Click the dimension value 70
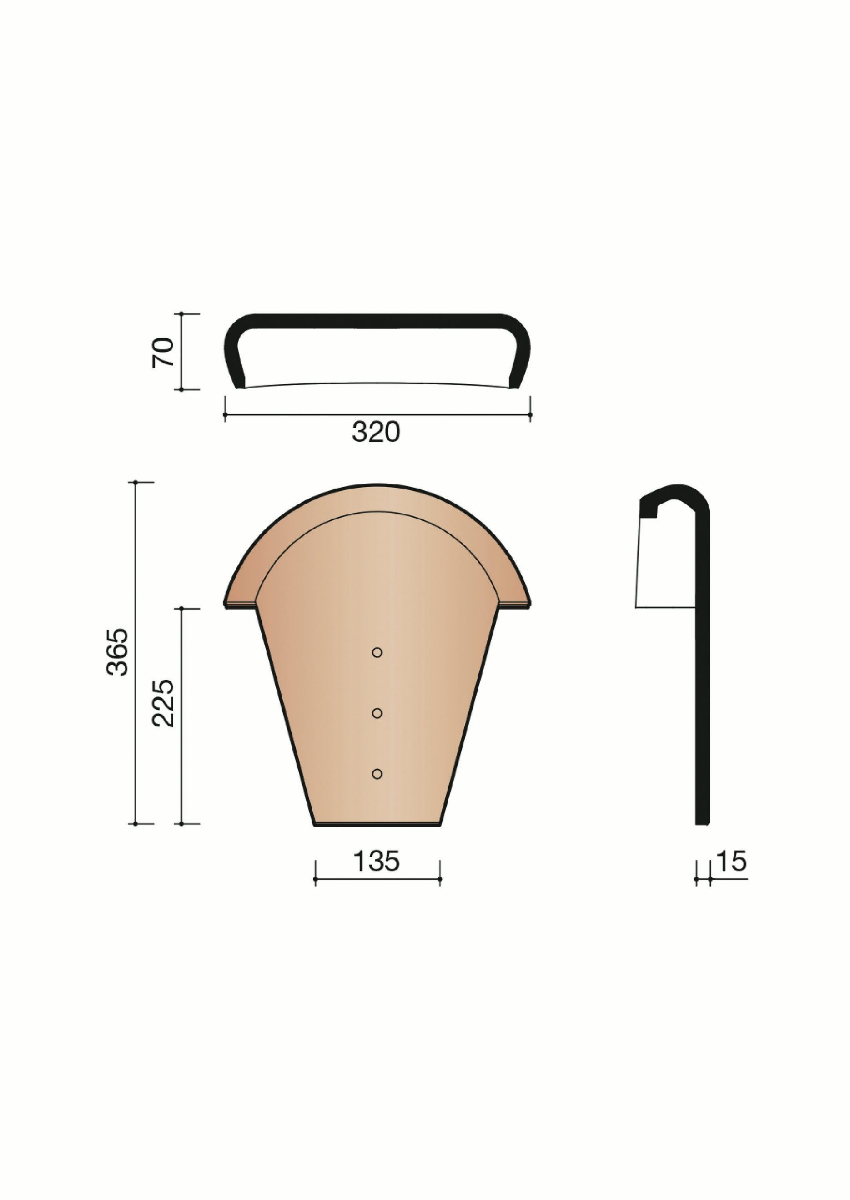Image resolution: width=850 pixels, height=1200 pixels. pyautogui.click(x=163, y=353)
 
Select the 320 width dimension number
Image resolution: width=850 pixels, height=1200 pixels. pyautogui.click(x=376, y=432)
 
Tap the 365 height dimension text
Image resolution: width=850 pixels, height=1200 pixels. pyautogui.click(x=117, y=652)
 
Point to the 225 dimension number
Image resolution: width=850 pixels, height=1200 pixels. pyautogui.click(x=163, y=703)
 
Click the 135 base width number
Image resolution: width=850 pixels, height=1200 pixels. pyautogui.click(x=376, y=861)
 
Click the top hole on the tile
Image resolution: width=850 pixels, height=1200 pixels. pyautogui.click(x=377, y=652)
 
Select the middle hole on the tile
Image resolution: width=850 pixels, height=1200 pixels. pyautogui.click(x=377, y=713)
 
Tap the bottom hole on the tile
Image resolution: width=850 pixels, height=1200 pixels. pyautogui.click(x=377, y=774)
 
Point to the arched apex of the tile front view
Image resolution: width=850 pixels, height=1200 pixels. pyautogui.click(x=377, y=486)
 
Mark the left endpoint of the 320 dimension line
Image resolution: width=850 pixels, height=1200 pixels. pyautogui.click(x=225, y=415)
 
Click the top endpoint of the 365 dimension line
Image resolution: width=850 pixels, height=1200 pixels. pyautogui.click(x=136, y=482)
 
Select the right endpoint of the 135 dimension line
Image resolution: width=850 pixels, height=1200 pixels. pyautogui.click(x=440, y=879)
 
